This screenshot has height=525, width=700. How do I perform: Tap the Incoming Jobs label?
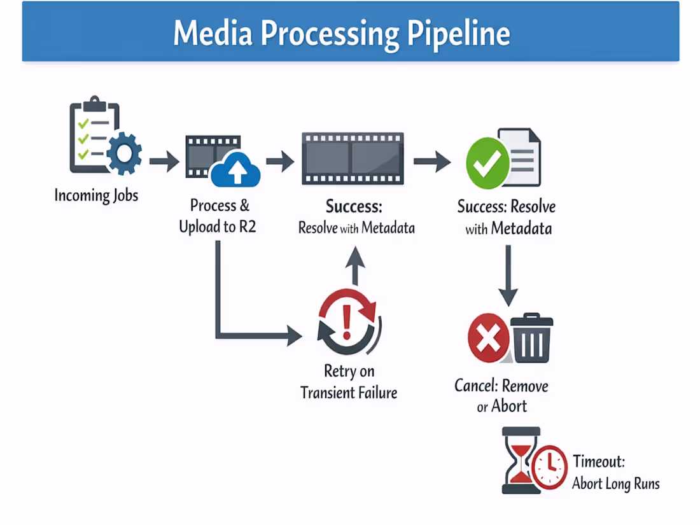click(x=96, y=195)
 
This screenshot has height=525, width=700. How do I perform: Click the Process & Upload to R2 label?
click(x=218, y=216)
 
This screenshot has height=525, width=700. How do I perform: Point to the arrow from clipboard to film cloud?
click(x=164, y=161)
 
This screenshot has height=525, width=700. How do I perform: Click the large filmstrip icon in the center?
click(x=352, y=158)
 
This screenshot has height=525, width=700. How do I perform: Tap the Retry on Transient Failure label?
click(x=349, y=382)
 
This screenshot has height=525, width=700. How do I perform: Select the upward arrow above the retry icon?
click(x=356, y=264)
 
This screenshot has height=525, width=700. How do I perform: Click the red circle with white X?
click(x=489, y=339)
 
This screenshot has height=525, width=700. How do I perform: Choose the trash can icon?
click(x=532, y=339)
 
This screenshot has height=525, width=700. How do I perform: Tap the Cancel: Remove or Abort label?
click(x=501, y=395)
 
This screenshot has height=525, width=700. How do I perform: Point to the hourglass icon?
click(x=521, y=460)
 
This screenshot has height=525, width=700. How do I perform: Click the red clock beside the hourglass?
click(x=549, y=467)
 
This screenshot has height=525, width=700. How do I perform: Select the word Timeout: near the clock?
click(x=598, y=461)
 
